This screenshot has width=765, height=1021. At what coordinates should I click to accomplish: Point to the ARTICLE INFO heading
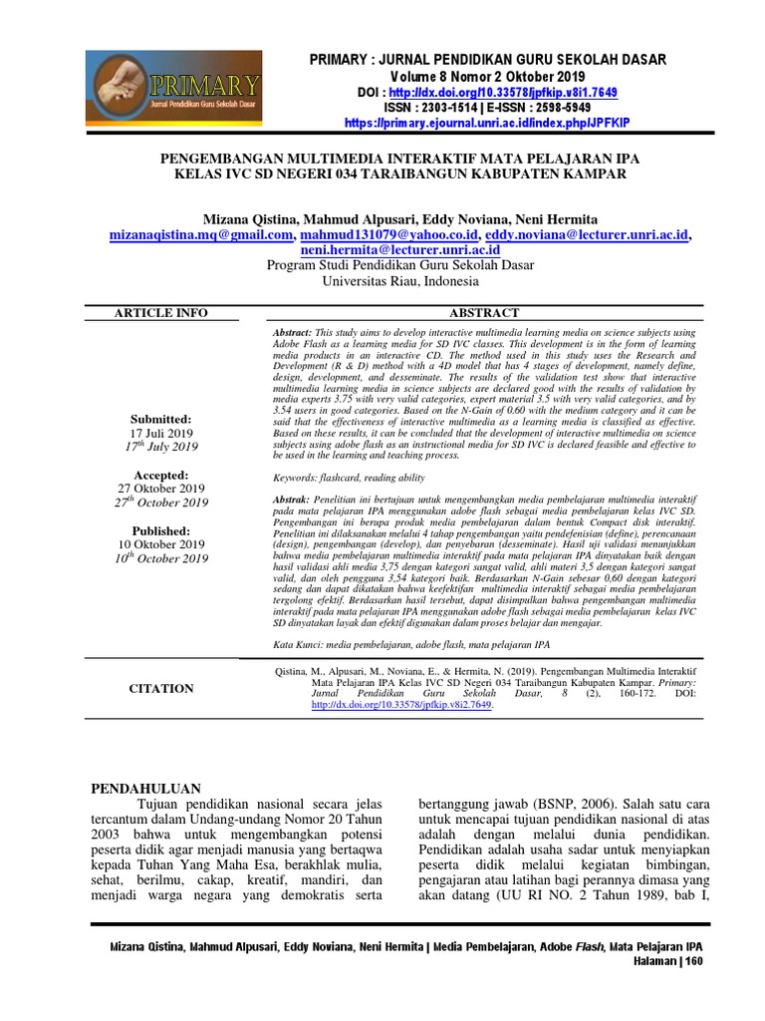pyautogui.click(x=160, y=313)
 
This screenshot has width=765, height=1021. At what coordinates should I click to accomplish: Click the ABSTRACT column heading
pyautogui.click(x=485, y=313)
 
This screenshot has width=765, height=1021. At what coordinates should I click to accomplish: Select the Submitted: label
pyautogui.click(x=160, y=419)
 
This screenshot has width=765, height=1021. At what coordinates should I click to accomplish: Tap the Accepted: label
pyautogui.click(x=160, y=475)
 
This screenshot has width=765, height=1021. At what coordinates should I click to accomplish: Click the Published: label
pyautogui.click(x=160, y=530)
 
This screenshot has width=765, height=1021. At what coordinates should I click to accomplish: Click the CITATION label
pyautogui.click(x=161, y=688)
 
